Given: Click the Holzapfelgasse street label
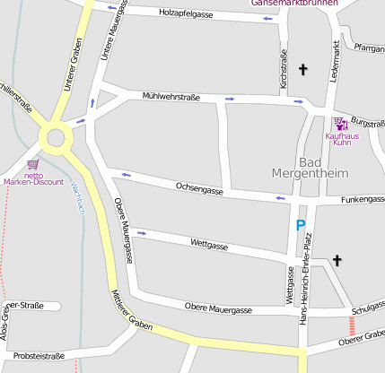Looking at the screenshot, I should click(x=186, y=13).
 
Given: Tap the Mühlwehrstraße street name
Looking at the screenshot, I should click(x=171, y=97).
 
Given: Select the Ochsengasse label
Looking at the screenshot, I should click(x=199, y=187).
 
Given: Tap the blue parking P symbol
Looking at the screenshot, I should click(x=301, y=226).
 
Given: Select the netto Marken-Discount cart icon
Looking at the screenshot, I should click(x=33, y=165).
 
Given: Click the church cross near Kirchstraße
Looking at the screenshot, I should click(x=302, y=69).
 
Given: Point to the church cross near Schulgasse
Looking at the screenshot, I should click(x=337, y=261).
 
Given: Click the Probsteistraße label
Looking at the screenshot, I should click(x=39, y=355).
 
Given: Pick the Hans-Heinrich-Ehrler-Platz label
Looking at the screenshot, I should click(x=307, y=268).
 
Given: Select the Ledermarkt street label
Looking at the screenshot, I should click(x=334, y=62).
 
